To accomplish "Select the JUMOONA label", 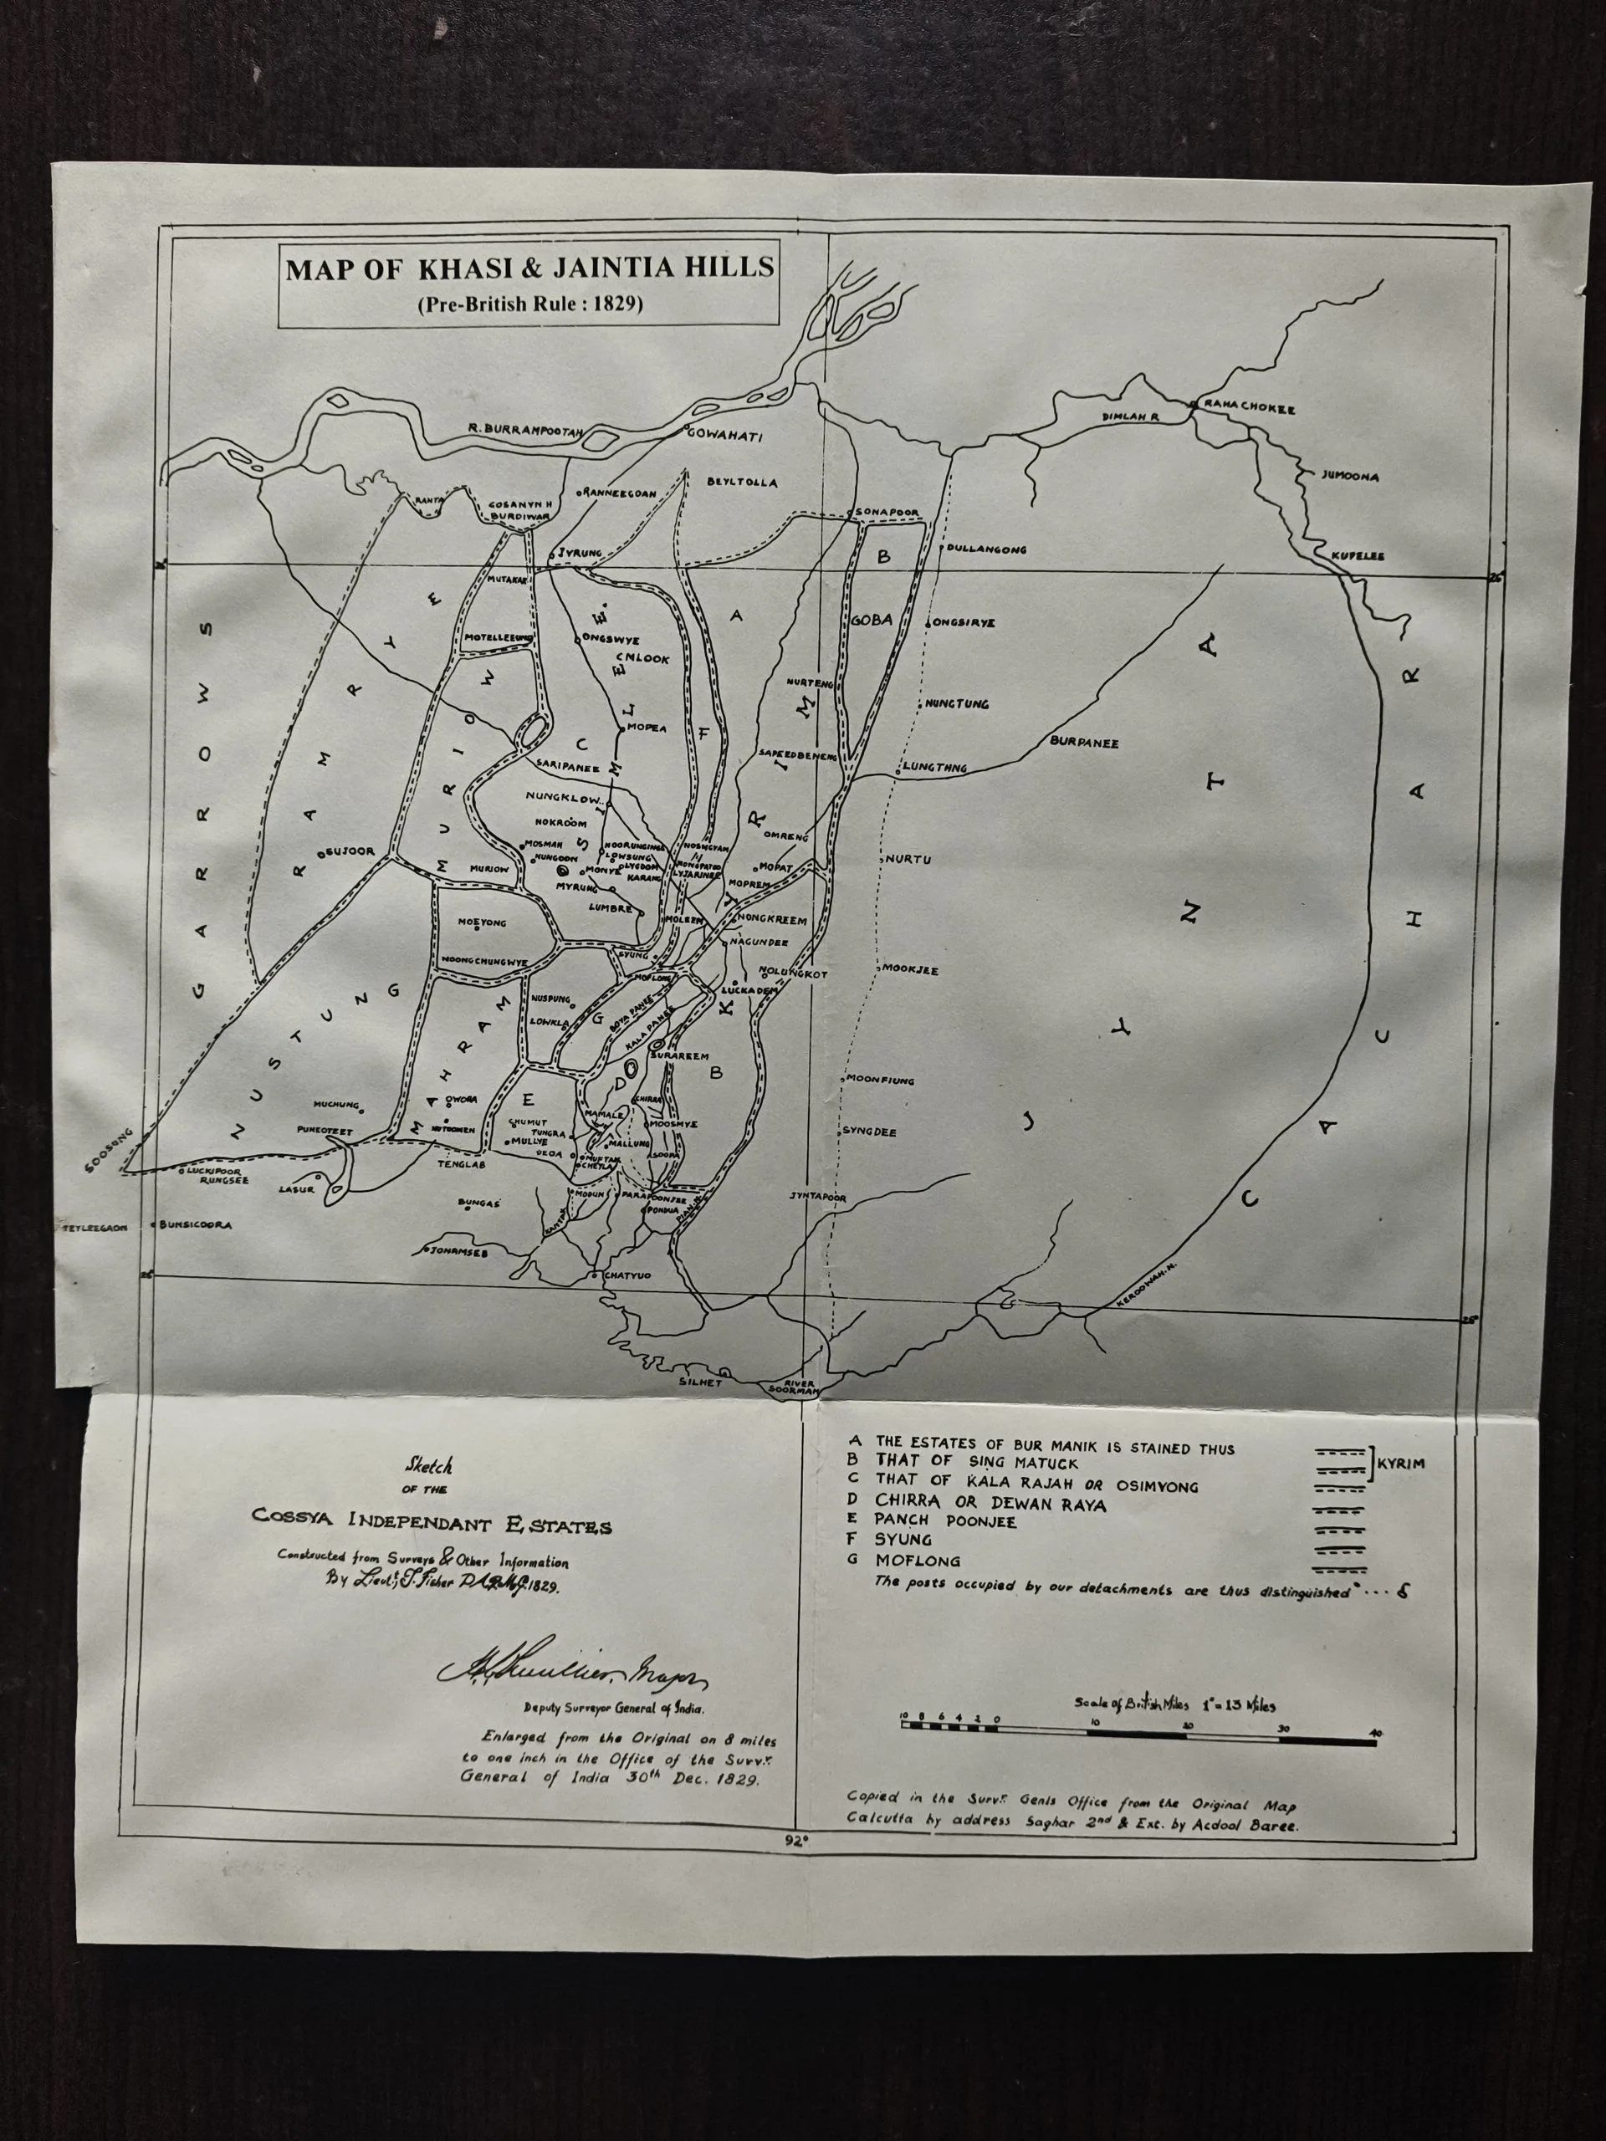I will pos(1350,476).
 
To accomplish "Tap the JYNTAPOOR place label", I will pos(818,1198).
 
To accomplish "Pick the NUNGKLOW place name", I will pos(565,799).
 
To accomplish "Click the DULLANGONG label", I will pos(986,549).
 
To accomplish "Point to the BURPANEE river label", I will pos(1084,743).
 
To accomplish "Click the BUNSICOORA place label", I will pos(197,1224).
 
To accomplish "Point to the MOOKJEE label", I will pos(909,968).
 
